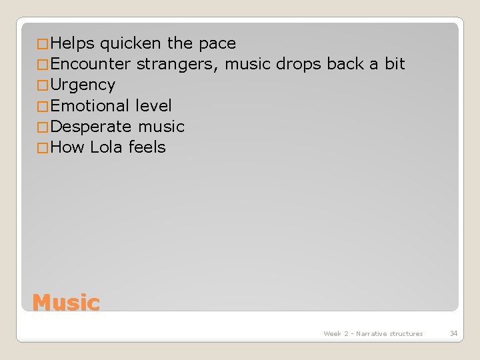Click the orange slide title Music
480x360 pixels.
click(x=66, y=303)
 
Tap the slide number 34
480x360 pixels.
click(x=454, y=333)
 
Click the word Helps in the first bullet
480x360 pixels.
click(x=73, y=44)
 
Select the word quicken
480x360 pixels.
click(x=131, y=44)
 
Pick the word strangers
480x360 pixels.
click(x=179, y=65)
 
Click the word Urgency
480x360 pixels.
click(x=83, y=85)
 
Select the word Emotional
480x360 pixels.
click(x=89, y=105)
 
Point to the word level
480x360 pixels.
click(x=153, y=105)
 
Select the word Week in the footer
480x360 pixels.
click(x=331, y=333)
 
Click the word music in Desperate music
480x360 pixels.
click(x=161, y=126)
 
